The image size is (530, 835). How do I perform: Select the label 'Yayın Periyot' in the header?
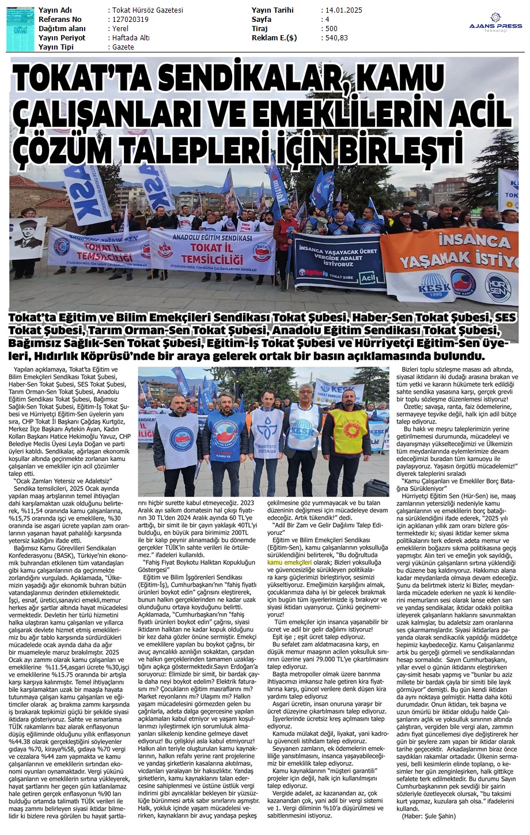(62, 38)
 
